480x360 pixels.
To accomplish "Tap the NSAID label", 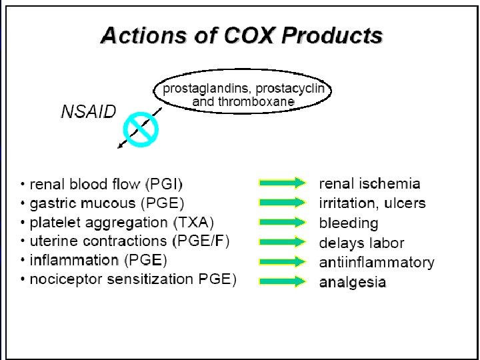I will pos(88,111).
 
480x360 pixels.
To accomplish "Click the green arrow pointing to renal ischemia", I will pos(281,183).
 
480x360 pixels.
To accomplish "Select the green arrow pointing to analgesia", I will pos(281,281).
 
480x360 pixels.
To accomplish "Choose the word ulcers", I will pos(405,203).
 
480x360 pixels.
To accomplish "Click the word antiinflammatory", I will pos(377,262).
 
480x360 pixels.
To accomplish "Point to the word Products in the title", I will pos(334,35).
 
